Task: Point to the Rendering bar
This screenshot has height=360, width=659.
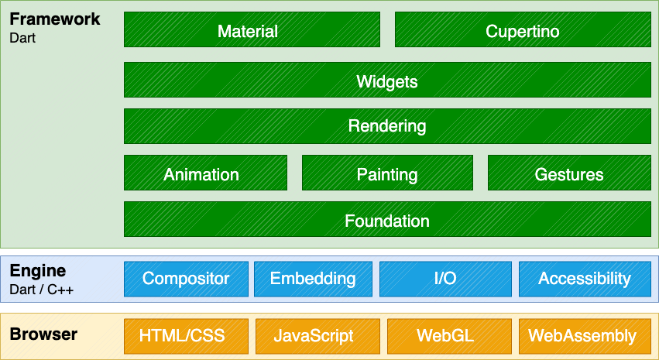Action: (387, 125)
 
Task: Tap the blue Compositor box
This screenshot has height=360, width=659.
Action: (186, 279)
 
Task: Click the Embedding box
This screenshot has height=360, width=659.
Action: (313, 279)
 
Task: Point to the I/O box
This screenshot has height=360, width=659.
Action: (445, 279)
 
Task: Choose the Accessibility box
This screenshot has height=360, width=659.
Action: (585, 279)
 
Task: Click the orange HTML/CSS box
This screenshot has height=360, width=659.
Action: (186, 335)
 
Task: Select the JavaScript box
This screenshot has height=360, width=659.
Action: (313, 335)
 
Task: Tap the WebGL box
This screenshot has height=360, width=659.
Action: (445, 335)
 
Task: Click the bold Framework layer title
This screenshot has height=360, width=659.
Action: (54, 19)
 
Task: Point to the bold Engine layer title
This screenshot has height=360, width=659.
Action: (38, 271)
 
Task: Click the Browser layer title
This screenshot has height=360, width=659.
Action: (43, 334)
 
